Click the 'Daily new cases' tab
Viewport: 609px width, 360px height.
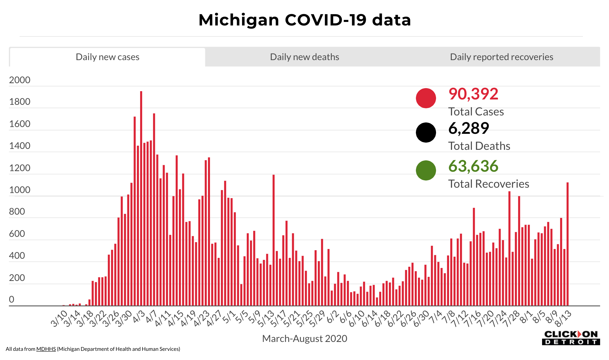[x=108, y=57]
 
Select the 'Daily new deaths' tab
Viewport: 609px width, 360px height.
[x=304, y=57]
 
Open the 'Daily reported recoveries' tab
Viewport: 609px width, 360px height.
[x=501, y=57]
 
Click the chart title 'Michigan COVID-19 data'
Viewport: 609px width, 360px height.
[x=304, y=20]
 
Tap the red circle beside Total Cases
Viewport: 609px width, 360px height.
[x=426, y=98]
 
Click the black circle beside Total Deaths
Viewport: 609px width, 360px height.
[x=426, y=132]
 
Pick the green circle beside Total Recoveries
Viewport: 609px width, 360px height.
[x=426, y=170]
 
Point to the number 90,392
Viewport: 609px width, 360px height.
[x=473, y=94]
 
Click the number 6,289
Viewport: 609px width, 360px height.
[x=469, y=128]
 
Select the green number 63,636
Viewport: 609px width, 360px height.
[x=473, y=166]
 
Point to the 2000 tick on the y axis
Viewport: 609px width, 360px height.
[x=20, y=80]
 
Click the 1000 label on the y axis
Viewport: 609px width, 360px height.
[x=20, y=190]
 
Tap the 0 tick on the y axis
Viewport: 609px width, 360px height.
[x=12, y=299]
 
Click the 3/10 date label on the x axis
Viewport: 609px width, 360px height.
[x=59, y=319]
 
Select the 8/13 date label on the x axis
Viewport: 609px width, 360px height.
[x=563, y=319]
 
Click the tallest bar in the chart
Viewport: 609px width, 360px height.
[x=141, y=198]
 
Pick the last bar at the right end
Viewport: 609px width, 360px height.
[x=568, y=244]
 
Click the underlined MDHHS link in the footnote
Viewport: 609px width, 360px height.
[x=46, y=349]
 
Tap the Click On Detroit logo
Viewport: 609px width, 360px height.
[x=571, y=338]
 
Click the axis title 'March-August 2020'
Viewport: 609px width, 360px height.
[x=304, y=338]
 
